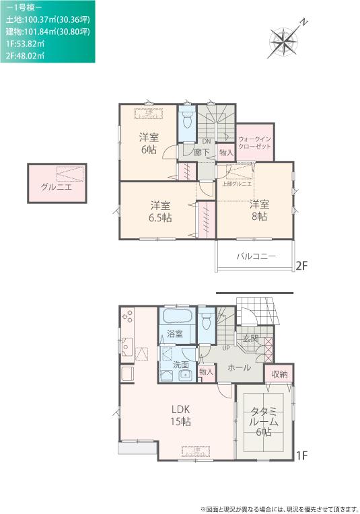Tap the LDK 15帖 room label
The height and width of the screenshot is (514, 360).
[180, 415]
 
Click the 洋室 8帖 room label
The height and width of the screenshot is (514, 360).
[259, 210]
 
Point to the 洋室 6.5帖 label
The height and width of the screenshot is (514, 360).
[160, 211]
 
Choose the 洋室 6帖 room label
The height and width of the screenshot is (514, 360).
[149, 143]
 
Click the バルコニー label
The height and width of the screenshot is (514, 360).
[256, 256]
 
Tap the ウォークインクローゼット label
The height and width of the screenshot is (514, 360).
[255, 141]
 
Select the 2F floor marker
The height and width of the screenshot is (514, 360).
[301, 266]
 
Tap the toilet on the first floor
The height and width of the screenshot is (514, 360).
[208, 320]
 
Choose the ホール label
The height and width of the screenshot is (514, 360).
[240, 367]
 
